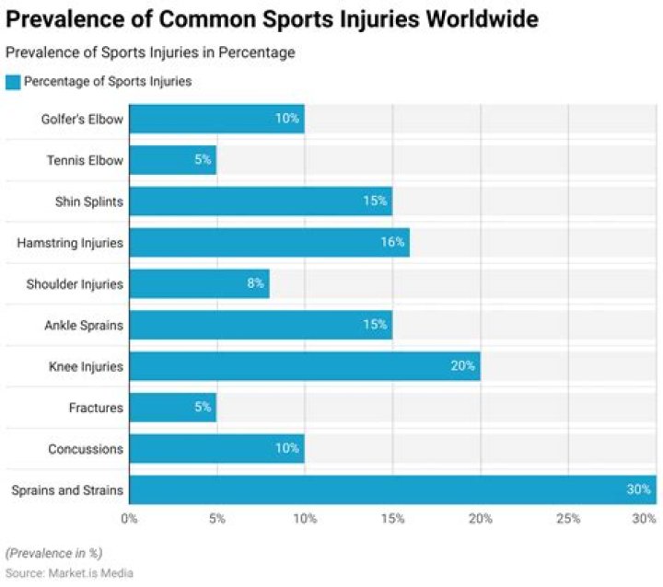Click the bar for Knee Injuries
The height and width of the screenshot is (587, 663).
[x=304, y=366]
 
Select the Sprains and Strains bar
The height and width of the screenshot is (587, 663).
[x=391, y=489]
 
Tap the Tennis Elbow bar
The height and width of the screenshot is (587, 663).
[x=172, y=160]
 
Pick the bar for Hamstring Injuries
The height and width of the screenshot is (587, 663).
[x=269, y=243]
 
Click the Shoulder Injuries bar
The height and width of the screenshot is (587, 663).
[x=199, y=283]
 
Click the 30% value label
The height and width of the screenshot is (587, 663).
[x=638, y=489]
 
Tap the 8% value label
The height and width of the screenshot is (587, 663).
[x=255, y=283]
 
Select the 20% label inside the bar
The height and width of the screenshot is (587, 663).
[x=463, y=366]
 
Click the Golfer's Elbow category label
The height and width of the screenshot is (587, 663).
[x=81, y=120]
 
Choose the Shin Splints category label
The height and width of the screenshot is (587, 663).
[x=88, y=201]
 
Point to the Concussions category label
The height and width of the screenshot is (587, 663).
[x=86, y=449]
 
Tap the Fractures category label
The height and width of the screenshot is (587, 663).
[x=96, y=408]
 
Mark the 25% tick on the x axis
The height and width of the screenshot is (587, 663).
[x=568, y=519]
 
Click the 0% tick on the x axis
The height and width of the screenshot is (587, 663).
[x=129, y=519]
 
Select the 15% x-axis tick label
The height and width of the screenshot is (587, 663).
[x=392, y=519]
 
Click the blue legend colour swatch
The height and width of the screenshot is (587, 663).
[x=13, y=82]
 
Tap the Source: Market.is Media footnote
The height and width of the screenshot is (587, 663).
[x=69, y=573]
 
